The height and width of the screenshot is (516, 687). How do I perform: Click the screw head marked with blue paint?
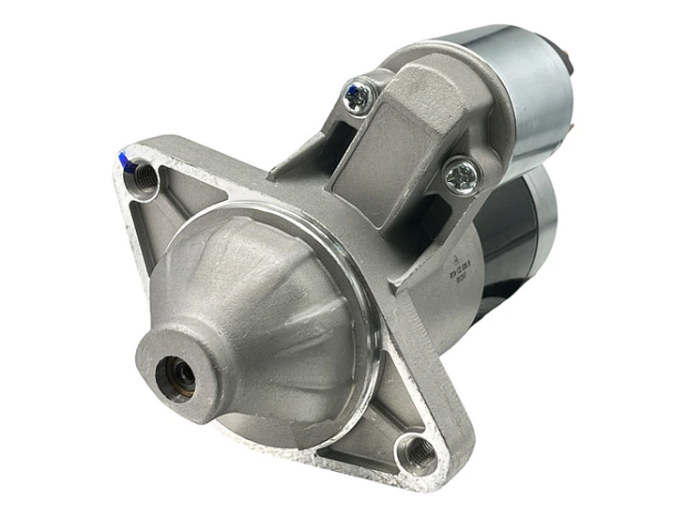point(359,95)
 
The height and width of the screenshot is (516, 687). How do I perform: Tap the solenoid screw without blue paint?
point(462,175)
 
